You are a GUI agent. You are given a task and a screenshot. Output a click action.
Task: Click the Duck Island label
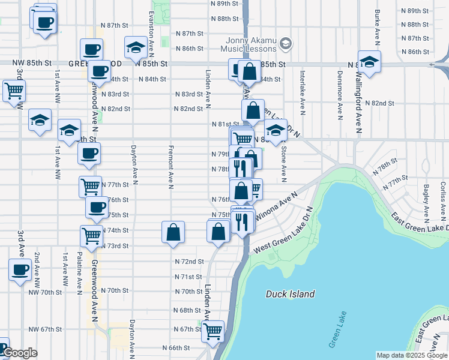[x=291, y=294]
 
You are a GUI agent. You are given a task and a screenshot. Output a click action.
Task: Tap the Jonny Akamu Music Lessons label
[x=249, y=44]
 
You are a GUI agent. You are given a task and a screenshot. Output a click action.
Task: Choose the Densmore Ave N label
[x=340, y=92]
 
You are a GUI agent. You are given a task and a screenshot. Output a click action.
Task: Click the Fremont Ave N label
[x=171, y=167]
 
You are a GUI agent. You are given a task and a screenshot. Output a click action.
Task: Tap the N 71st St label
[x=188, y=277]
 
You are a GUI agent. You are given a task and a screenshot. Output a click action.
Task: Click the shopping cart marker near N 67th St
[x=214, y=331]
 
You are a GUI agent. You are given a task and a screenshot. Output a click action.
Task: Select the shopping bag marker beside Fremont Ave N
[x=173, y=233]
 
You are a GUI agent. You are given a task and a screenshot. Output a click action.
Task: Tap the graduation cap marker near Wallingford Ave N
[x=369, y=62]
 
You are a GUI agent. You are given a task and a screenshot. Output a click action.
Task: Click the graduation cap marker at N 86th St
[x=136, y=47]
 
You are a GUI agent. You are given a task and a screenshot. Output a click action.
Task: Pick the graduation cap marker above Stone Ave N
[x=276, y=130]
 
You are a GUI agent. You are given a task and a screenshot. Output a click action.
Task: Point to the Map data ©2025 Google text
[x=411, y=355]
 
